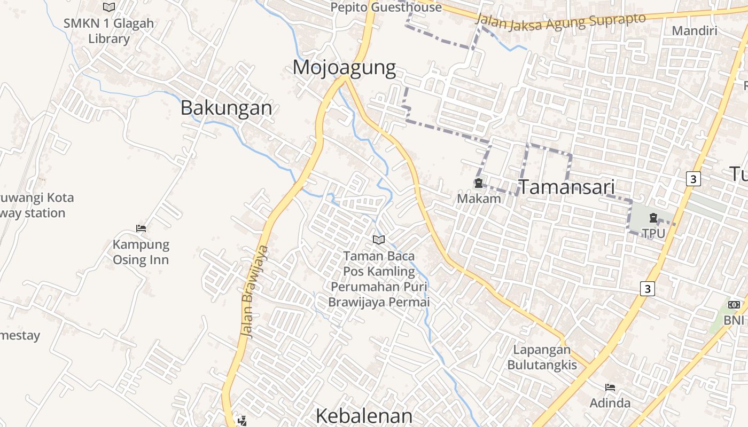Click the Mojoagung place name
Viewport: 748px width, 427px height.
point(344,68)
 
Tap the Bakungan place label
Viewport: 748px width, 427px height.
point(226,108)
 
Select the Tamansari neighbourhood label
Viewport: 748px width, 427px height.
point(566,187)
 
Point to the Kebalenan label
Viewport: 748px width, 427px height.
point(364,416)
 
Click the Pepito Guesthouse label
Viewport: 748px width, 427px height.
point(386,7)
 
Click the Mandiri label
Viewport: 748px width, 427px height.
point(694,30)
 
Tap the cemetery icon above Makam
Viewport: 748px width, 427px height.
point(478,184)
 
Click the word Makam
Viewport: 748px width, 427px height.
point(479,199)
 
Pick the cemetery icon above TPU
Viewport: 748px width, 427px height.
point(652,218)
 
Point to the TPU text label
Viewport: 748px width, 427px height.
point(653,233)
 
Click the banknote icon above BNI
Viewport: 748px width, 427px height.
point(734,305)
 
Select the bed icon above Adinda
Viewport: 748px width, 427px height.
point(610,388)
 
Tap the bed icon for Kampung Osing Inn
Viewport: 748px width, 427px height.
point(141,228)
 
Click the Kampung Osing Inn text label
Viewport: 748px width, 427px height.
point(141,252)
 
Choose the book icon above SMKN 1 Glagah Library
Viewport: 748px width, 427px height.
point(109,7)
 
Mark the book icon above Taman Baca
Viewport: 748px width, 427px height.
point(379,240)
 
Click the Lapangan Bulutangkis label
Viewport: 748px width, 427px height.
point(542,357)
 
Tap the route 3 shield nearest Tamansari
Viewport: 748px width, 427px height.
point(693,179)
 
